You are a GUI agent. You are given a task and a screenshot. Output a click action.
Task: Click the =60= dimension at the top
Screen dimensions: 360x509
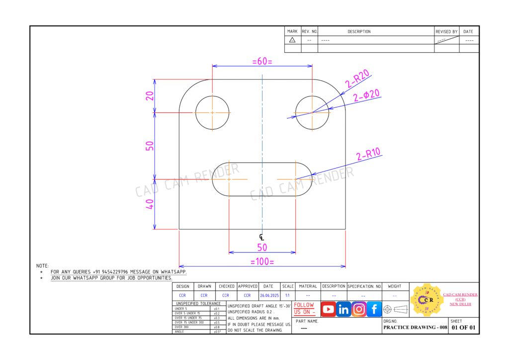click(x=262, y=61)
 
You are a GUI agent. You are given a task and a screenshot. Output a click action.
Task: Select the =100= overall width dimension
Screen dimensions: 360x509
click(x=262, y=262)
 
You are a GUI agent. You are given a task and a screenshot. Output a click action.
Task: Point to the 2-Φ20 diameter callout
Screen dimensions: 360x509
click(x=367, y=95)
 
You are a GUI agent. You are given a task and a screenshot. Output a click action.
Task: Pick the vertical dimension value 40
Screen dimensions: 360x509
click(x=150, y=204)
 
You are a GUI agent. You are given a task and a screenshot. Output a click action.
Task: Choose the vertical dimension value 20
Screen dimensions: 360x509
click(x=150, y=95)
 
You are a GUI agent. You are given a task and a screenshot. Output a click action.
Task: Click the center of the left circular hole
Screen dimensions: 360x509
click(x=212, y=112)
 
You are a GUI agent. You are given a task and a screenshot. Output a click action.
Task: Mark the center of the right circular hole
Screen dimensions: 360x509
click(x=312, y=112)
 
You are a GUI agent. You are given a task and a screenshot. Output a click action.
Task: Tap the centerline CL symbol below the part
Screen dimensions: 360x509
click(x=262, y=237)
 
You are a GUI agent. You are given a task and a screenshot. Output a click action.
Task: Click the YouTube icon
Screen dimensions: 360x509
click(x=328, y=309)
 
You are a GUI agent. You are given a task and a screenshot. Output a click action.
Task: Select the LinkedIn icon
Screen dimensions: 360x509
click(x=343, y=309)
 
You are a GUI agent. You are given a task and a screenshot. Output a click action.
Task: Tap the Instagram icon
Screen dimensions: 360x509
click(x=359, y=309)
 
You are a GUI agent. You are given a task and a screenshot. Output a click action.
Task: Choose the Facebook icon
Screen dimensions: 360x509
click(x=374, y=309)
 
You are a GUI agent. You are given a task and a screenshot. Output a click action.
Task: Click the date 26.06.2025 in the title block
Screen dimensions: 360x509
click(x=268, y=295)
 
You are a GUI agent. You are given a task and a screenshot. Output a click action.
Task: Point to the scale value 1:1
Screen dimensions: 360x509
click(x=288, y=295)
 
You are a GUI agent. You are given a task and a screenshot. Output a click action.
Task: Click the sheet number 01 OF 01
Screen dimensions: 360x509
click(x=463, y=328)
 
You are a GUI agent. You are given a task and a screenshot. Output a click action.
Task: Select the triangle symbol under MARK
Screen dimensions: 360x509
click(x=292, y=40)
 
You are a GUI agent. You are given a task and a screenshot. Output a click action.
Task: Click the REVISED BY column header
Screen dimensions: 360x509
click(x=446, y=31)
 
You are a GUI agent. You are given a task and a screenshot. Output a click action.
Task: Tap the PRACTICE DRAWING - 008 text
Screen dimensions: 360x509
click(x=415, y=328)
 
